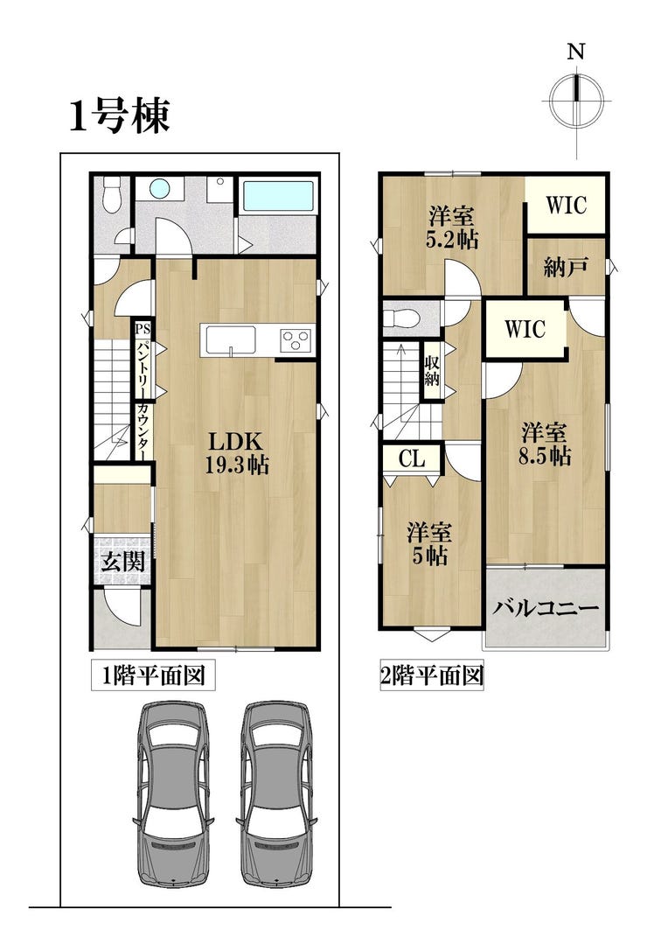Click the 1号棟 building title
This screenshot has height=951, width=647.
point(120,115)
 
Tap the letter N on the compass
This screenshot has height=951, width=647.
point(575,52)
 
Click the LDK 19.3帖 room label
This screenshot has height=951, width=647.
point(236,452)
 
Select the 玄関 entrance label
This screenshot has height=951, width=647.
point(123,562)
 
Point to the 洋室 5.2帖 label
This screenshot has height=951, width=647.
point(452,227)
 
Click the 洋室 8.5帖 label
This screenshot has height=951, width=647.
point(545,444)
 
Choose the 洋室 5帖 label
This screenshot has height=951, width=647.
point(429,543)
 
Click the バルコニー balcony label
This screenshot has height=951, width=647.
point(545,608)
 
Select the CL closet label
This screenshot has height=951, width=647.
point(413,459)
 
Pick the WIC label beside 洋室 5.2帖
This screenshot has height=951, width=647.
point(567,205)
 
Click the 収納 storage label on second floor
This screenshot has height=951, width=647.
point(432,371)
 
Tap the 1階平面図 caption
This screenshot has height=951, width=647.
point(153,675)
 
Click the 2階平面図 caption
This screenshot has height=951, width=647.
point(432,675)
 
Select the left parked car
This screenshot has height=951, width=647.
point(173,794)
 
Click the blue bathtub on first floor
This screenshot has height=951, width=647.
point(278,195)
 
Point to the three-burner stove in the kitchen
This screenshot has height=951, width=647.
point(296,339)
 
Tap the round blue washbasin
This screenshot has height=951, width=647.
point(159,189)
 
